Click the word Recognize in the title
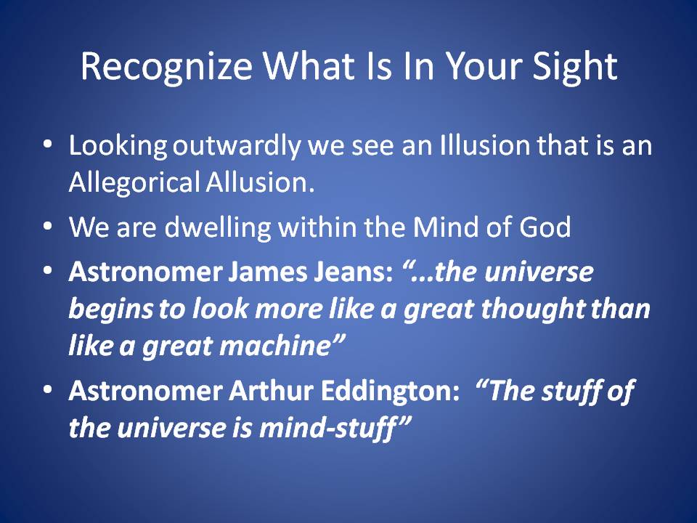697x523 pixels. click(167, 66)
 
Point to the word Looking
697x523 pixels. click(118, 146)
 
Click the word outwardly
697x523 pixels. click(236, 146)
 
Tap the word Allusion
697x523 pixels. click(260, 182)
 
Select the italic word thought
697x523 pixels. click(532, 309)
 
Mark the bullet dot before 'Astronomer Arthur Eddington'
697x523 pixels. click(48, 389)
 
